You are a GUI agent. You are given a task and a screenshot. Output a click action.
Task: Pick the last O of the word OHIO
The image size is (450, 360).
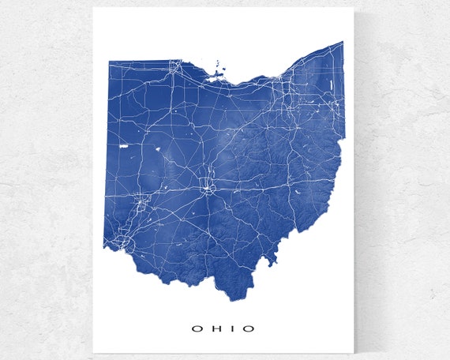[250, 328]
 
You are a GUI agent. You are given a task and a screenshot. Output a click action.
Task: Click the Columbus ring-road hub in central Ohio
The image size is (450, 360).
[208, 188]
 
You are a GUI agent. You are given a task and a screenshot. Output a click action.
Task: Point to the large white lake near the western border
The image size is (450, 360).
[122, 147]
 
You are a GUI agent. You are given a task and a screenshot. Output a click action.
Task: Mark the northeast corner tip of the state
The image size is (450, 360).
[343, 42]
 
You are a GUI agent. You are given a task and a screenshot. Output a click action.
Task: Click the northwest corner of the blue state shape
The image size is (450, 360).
[107, 61]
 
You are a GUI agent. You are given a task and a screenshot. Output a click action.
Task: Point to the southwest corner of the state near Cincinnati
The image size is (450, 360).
[104, 246]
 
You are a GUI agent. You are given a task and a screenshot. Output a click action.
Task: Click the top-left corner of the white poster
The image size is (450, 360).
[93, 8]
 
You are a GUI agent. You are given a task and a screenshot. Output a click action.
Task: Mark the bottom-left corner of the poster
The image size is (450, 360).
[93, 353]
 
